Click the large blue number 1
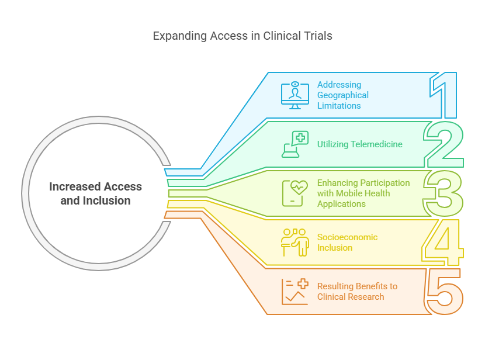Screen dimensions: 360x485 (x=445, y=96)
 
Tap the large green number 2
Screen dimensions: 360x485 (x=444, y=145)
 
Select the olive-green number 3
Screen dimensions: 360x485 (x=444, y=193)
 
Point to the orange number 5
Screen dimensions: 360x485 (x=443, y=290)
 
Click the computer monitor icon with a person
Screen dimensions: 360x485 (x=295, y=95)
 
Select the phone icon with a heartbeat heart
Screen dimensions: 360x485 (x=295, y=193)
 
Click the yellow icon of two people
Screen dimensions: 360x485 (x=295, y=242)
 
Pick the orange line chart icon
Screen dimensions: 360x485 (x=295, y=291)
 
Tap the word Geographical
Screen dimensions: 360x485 (x=343, y=95)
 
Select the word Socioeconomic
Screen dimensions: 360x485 (x=347, y=237)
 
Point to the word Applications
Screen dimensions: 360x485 (x=341, y=204)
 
